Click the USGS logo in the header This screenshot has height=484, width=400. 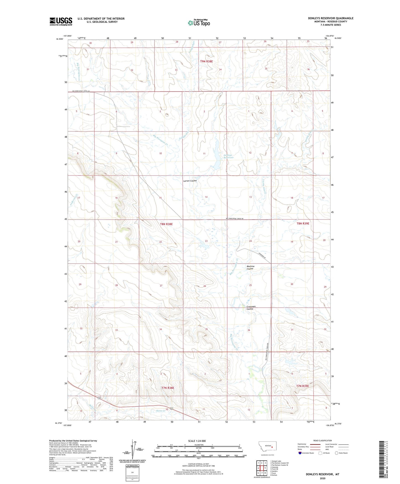61,21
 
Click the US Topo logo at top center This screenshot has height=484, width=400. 199,23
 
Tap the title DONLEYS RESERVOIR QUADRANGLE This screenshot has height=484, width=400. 331,18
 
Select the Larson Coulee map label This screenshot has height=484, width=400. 190,181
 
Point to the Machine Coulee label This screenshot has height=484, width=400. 250,268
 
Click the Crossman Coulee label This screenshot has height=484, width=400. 251,308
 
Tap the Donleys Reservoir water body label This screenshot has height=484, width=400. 228,156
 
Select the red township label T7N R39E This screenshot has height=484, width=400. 302,386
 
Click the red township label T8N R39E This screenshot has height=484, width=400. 303,223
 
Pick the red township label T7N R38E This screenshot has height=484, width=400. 168,388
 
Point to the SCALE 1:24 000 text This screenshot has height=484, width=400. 197,441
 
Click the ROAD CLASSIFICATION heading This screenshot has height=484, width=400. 322,440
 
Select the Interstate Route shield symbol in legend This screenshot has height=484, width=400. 300,453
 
